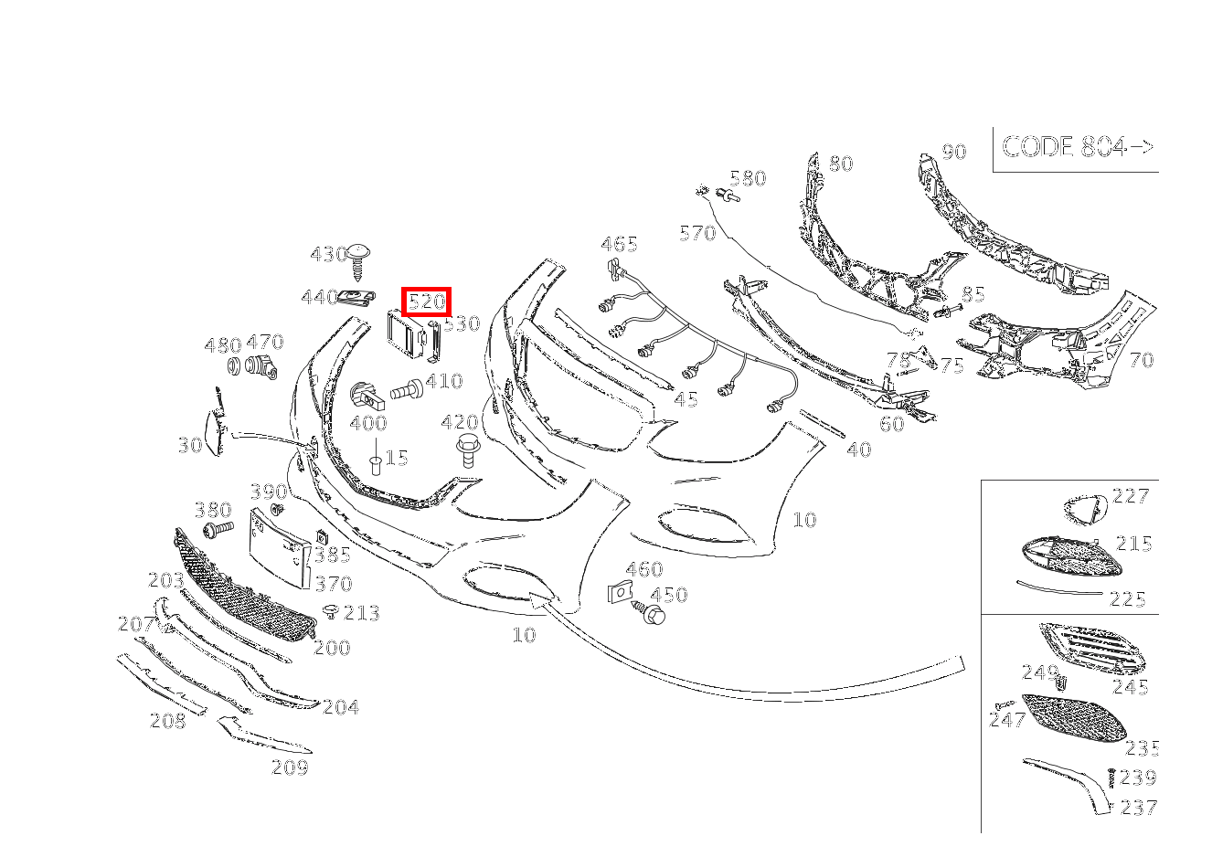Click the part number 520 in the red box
426,301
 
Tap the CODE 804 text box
1077,147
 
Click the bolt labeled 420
467,450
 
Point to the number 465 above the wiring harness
619,244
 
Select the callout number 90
953,152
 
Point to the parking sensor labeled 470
261,367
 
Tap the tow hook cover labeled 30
215,429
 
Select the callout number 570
697,233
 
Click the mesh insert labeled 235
1075,716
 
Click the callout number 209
290,767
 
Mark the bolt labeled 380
217,529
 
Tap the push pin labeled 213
330,610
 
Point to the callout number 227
1131,496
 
